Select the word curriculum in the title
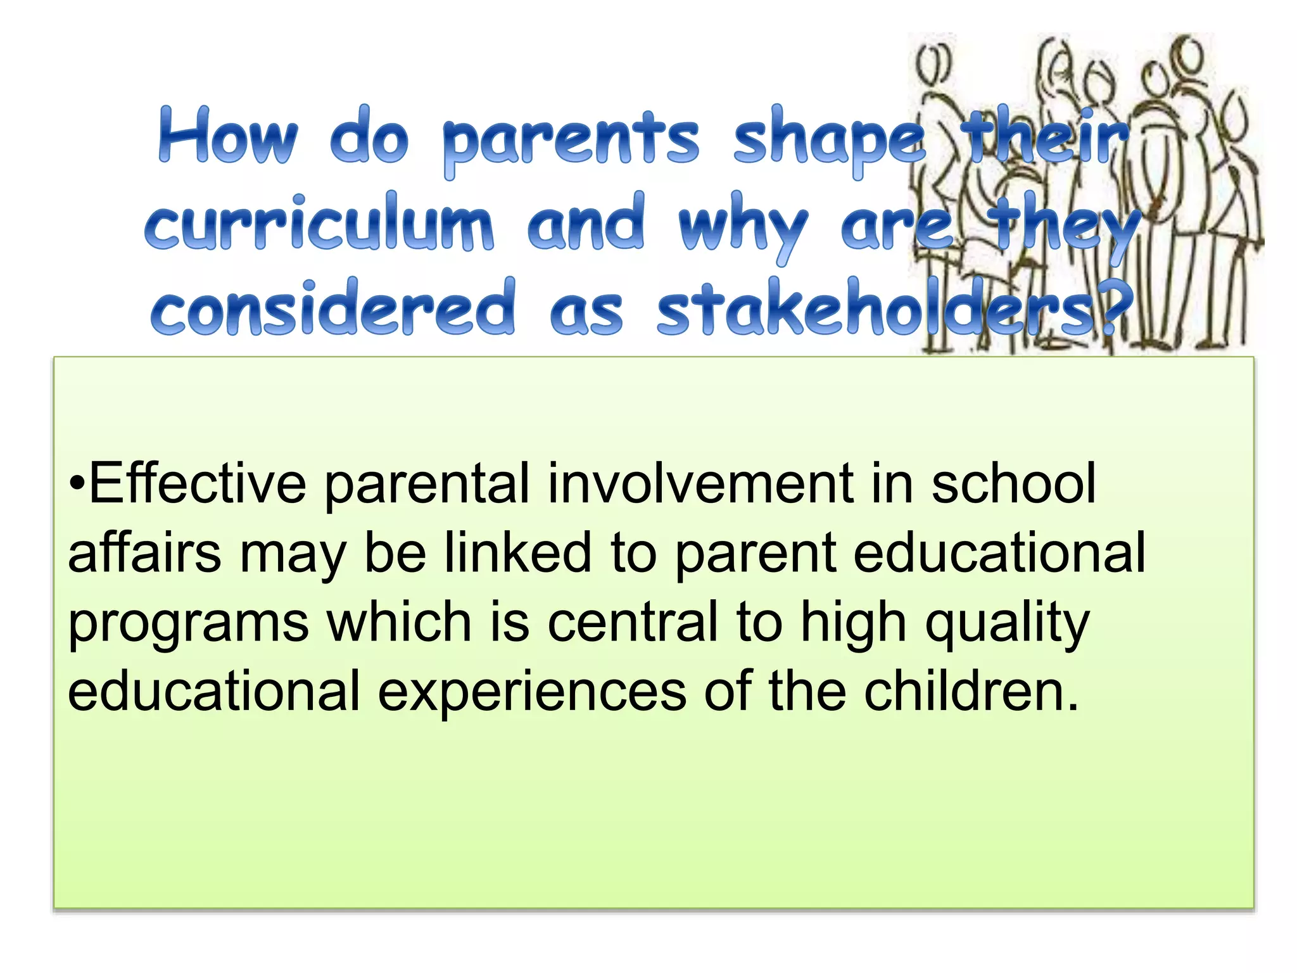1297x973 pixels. (x=319, y=223)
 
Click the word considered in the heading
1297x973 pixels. (x=334, y=308)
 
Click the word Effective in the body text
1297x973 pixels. (x=197, y=484)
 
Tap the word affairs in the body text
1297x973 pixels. (x=144, y=553)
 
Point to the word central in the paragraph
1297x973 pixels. (x=633, y=622)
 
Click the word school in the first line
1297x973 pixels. (x=1013, y=484)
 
